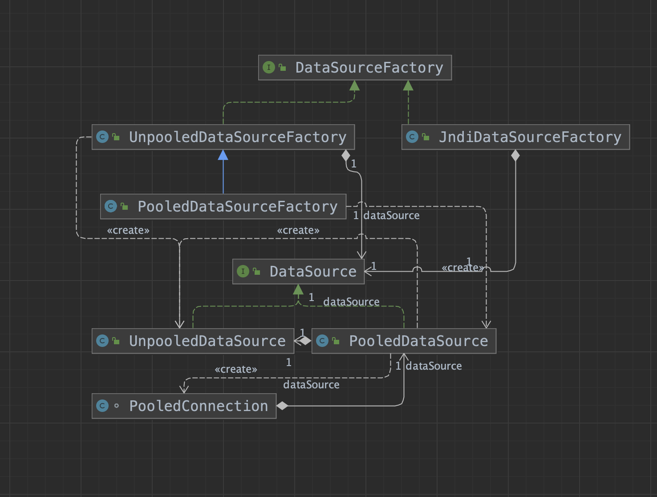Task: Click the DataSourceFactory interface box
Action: tap(355, 68)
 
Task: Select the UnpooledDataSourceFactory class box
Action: tap(223, 137)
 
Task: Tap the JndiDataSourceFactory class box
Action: tap(515, 137)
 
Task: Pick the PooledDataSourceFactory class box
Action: tap(223, 207)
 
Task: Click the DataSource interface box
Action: tap(298, 272)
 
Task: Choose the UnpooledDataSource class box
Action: tap(193, 341)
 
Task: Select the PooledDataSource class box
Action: tap(404, 341)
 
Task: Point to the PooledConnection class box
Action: tap(184, 406)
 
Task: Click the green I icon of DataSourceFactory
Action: tap(268, 67)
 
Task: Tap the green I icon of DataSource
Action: tap(243, 271)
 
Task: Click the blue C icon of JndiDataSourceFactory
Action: tap(412, 137)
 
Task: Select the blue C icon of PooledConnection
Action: tap(102, 406)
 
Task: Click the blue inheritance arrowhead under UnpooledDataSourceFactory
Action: tap(223, 155)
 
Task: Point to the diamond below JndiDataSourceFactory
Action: tap(515, 155)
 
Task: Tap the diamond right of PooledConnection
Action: tap(282, 406)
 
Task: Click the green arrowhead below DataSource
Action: tap(298, 289)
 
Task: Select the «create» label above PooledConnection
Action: tap(235, 370)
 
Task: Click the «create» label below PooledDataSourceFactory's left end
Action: tap(128, 231)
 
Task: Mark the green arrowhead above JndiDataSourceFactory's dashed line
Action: tap(408, 86)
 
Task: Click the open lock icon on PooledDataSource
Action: tap(336, 341)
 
